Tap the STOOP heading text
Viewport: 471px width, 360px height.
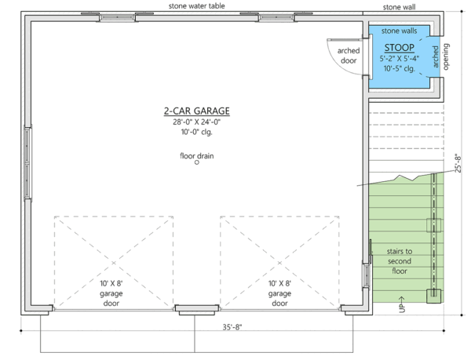(400, 47)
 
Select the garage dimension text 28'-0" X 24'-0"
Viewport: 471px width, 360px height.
(196, 122)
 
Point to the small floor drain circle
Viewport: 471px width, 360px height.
(197, 163)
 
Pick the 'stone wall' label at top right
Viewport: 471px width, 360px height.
(400, 7)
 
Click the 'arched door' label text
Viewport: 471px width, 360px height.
(349, 56)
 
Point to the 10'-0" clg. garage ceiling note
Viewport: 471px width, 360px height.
(196, 133)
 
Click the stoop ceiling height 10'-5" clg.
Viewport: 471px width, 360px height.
(400, 68)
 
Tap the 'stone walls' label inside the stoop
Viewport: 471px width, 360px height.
(400, 31)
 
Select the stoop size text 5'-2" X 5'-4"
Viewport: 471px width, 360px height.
(400, 58)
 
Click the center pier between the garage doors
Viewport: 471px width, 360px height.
(196, 308)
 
